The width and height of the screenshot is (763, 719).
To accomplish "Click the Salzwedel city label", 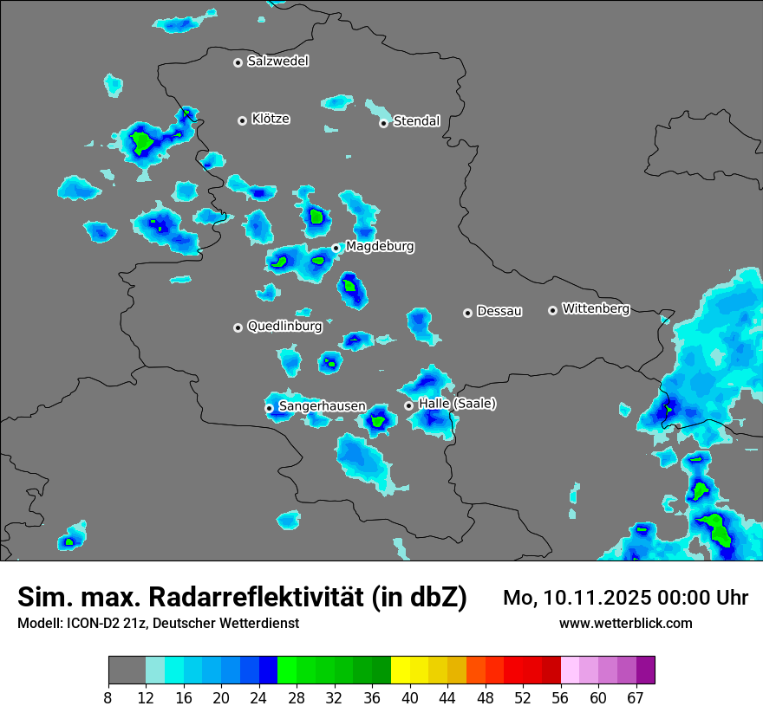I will click(x=277, y=62).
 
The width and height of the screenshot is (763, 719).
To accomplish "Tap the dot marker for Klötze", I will click(x=242, y=120).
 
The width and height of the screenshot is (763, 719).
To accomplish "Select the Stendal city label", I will click(x=416, y=121).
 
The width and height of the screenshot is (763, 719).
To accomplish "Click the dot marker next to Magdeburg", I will click(x=336, y=248).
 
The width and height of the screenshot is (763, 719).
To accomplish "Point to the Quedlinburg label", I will click(x=284, y=327).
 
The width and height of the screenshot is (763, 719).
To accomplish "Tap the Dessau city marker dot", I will click(x=467, y=312).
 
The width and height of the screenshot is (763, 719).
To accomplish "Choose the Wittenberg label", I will click(x=595, y=308).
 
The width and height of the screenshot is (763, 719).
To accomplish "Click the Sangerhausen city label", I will click(x=322, y=406).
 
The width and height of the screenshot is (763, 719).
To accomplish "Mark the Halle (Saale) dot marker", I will click(x=408, y=405).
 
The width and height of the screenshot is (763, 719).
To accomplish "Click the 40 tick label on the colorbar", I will click(x=410, y=697).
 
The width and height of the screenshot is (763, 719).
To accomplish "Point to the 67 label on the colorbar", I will click(x=636, y=697).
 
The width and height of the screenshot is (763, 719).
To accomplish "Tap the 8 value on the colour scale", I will click(x=108, y=697).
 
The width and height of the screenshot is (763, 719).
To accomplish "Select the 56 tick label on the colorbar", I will click(x=561, y=697).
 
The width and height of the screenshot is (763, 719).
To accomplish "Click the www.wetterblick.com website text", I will click(x=625, y=624).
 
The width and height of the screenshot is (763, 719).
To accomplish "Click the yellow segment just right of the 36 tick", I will click(x=401, y=670).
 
